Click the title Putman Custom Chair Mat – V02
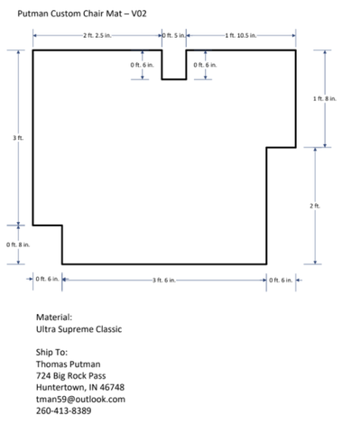tap(82, 14)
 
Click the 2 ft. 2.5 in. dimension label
tap(97, 35)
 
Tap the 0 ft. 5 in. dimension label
tap(174, 35)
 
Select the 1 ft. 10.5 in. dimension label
tap(241, 35)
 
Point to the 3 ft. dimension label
tap(18, 138)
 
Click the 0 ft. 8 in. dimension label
tap(18, 244)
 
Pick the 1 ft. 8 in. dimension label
tap(325, 98)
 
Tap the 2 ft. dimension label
tap(315, 206)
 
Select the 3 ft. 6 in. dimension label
tap(164, 281)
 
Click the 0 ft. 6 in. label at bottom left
tap(47, 279)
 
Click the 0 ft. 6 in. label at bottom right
tap(281, 281)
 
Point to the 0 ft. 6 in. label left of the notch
tap(142, 65)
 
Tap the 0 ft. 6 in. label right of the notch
tap(205, 65)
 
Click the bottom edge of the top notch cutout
tap(174, 79)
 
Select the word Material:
tap(54, 318)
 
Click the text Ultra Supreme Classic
tap(79, 329)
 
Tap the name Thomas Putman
tap(69, 364)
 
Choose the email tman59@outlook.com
tap(80, 400)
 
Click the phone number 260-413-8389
tap(64, 410)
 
